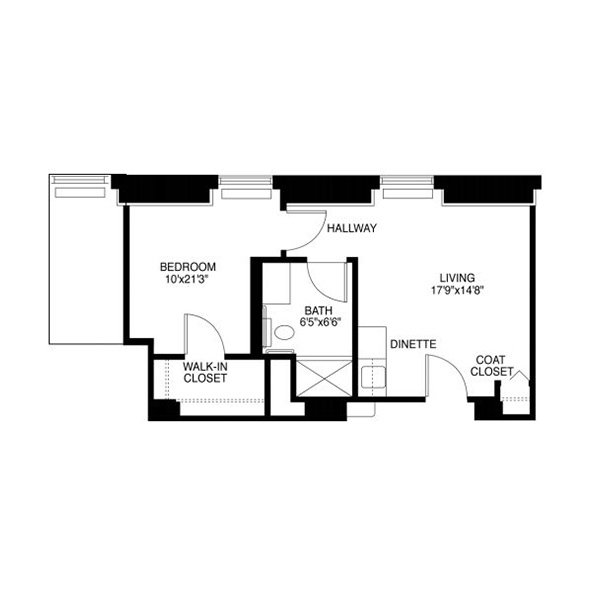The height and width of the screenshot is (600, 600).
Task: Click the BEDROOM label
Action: coord(188,267)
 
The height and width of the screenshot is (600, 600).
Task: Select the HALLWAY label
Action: coord(352,228)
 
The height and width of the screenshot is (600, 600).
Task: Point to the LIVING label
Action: coord(457,278)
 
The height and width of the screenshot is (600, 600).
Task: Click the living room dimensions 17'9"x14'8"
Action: coord(458,290)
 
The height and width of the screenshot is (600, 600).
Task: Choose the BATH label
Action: coord(318,310)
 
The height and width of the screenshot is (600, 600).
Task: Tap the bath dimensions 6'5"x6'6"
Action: coord(320,322)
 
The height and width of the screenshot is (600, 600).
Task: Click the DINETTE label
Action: coord(413,344)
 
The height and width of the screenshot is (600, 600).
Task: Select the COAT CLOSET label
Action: coord(491,366)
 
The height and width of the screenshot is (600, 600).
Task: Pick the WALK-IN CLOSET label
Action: coord(205,372)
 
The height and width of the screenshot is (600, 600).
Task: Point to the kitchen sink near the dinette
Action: coord(373,376)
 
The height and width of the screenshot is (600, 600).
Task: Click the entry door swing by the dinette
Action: coord(456,369)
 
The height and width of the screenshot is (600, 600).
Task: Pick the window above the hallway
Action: coord(408,188)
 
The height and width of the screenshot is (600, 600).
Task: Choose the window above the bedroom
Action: coord(246,188)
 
